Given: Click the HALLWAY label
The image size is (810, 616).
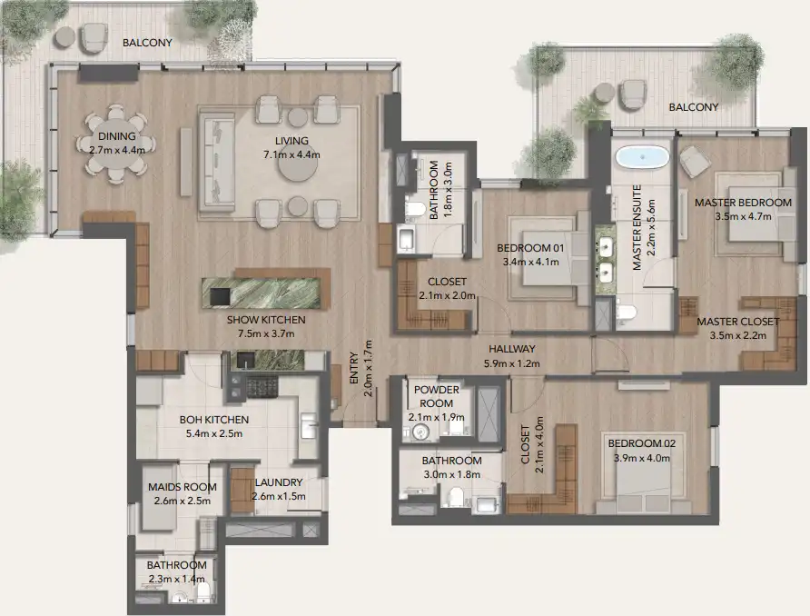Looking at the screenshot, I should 511,349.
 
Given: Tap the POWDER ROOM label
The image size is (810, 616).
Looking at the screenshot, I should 437,396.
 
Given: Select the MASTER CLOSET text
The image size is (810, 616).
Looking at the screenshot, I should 737,322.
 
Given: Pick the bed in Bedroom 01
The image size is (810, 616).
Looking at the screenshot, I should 541,257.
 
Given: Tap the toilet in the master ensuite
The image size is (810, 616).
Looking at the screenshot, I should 625,314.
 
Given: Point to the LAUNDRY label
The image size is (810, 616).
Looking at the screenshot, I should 278,482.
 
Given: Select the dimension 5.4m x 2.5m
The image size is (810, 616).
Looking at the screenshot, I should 214,433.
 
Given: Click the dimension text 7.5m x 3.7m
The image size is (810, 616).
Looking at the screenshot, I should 267,333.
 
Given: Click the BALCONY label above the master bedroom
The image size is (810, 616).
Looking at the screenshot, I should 693,106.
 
